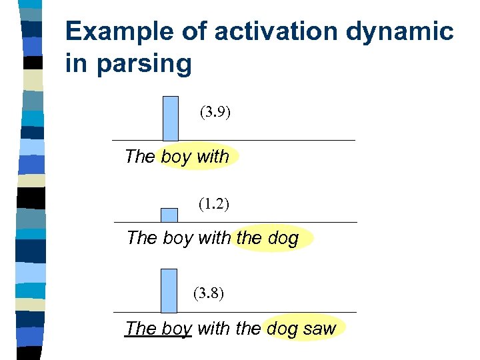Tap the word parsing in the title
pos(145,64)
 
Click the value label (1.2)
pos(214,204)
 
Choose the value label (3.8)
pos(209,293)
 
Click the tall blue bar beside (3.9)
pos(171,118)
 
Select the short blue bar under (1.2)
pos(169,215)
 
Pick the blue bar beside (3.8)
pos(169,290)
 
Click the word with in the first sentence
pos(213,157)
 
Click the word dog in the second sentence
pos(283,238)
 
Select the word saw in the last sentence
pos(320,328)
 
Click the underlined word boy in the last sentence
pos(176,329)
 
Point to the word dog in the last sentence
pos(282,328)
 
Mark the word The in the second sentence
pos(141,238)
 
